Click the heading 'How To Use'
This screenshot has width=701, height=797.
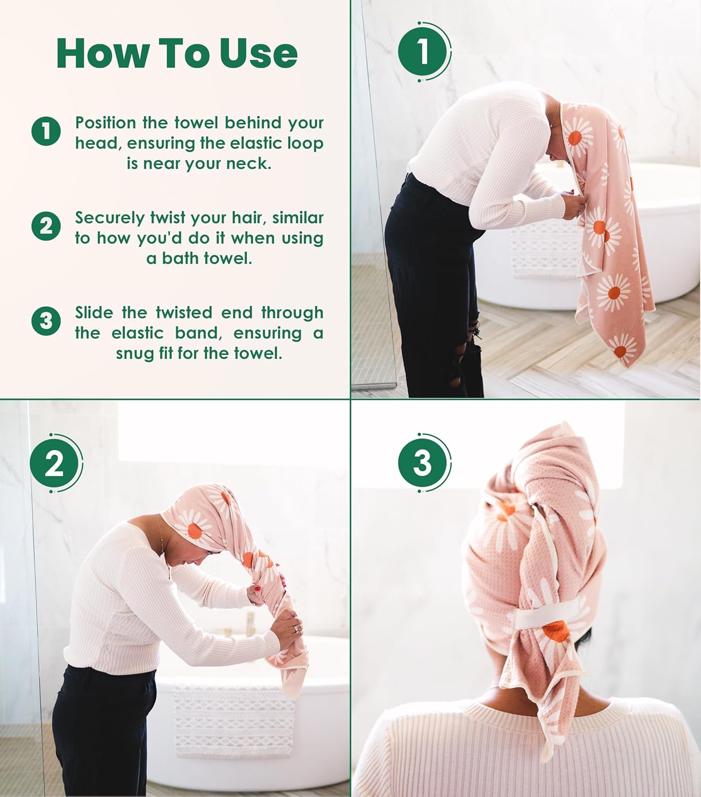tap(176, 53)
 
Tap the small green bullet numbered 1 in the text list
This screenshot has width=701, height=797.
tap(46, 131)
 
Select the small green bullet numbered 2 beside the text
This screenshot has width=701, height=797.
tap(46, 226)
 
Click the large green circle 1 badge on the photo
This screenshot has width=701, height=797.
tap(423, 51)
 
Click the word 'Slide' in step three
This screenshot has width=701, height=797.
tap(95, 312)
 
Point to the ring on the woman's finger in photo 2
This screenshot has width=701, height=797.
tap(294, 628)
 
